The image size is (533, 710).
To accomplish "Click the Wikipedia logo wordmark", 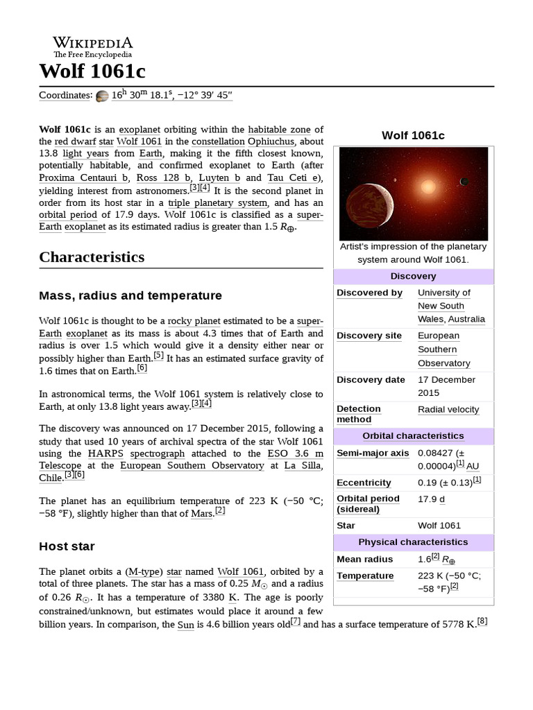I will point(93,42).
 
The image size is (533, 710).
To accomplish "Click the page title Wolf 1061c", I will point(92,71).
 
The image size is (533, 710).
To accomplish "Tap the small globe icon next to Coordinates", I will point(102,96).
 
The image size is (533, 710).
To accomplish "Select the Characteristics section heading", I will point(92,257).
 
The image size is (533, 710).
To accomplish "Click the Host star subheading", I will point(67,546).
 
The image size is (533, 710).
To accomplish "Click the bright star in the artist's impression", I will point(428,186).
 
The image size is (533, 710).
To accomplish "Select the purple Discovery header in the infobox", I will point(413,276).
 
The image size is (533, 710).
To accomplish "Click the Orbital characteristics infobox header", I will point(413,436).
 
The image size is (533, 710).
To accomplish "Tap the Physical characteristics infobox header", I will point(413,542).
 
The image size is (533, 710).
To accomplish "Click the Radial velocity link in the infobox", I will point(448,410).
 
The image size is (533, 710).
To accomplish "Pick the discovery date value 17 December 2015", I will point(446,386).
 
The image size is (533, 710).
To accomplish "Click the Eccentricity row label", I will point(364,483).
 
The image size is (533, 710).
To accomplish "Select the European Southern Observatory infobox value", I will point(444,349).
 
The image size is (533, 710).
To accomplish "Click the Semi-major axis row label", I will point(373,453).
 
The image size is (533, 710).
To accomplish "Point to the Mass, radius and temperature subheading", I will point(130,296).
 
